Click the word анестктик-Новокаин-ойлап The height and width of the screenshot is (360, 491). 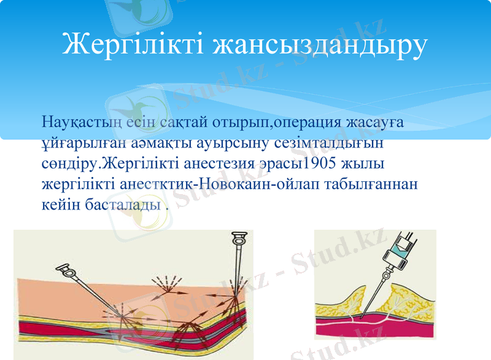click(x=218, y=184)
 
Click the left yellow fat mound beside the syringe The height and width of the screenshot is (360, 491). click(x=343, y=303)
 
